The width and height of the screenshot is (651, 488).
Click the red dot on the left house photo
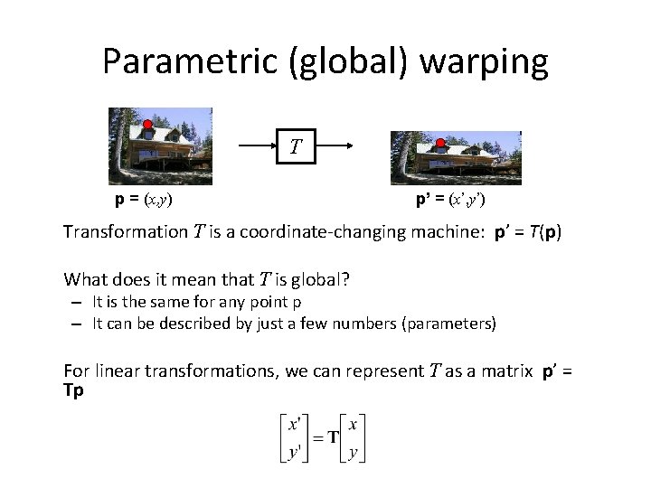[x=147, y=125]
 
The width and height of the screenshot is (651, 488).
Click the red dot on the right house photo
[x=440, y=143]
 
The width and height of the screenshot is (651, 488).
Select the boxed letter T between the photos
[x=296, y=145]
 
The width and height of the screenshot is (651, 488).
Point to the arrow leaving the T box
[x=333, y=145]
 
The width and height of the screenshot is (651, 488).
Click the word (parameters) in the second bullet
[x=449, y=324]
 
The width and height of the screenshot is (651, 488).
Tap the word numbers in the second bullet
[x=368, y=324]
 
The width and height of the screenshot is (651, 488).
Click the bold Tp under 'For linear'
[x=73, y=390]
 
